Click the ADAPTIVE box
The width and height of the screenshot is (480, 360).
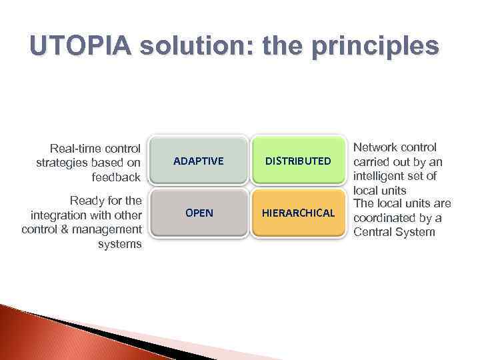198,161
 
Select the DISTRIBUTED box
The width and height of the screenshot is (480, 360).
298,161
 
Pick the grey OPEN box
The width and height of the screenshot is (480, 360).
198,213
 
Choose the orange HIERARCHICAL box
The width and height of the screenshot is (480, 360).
298,213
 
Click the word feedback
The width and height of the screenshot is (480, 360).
117,177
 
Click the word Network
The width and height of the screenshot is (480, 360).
375,147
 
